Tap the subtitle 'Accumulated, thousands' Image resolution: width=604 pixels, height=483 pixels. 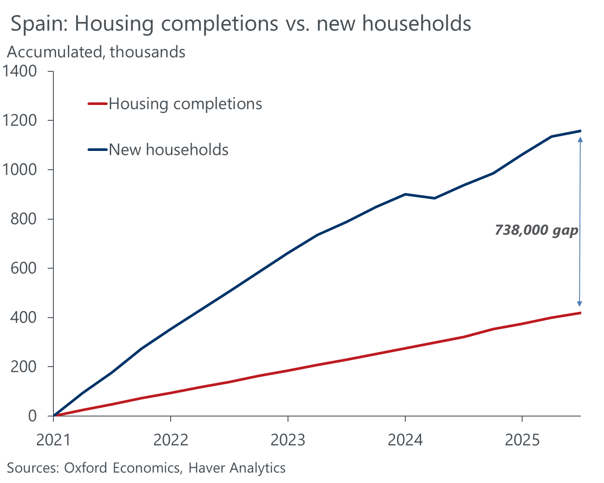(96, 52)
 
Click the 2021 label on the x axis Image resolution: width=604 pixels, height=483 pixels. (53, 440)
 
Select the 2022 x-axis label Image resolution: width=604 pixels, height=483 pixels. (171, 440)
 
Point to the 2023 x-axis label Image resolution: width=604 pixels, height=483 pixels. (288, 440)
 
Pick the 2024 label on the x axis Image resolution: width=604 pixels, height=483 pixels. (405, 440)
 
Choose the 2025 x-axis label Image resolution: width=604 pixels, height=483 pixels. (522, 440)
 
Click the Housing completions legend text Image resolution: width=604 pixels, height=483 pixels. (185, 104)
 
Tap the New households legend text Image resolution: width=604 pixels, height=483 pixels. (169, 150)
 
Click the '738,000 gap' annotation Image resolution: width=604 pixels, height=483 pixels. (536, 230)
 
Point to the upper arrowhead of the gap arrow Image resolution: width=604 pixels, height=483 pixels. (580, 140)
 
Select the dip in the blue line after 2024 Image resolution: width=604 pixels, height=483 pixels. (434, 198)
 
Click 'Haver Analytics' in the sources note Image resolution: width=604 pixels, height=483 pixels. (237, 468)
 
